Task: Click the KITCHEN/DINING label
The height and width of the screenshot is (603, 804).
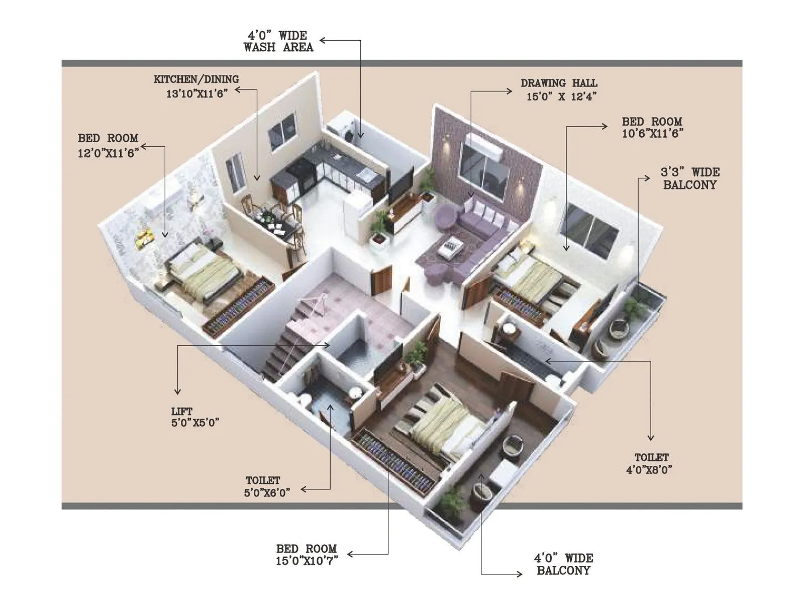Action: (x=196, y=79)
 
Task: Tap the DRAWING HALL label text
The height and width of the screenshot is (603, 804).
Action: (x=559, y=83)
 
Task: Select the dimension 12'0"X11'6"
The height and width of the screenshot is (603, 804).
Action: (x=108, y=153)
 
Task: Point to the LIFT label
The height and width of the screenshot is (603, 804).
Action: (x=181, y=412)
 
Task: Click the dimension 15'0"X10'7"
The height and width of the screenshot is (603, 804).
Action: (x=307, y=561)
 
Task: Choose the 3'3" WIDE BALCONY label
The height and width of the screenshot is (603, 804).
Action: (x=690, y=178)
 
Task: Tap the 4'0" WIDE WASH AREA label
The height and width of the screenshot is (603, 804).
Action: (x=278, y=41)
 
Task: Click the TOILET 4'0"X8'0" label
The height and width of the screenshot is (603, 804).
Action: (x=650, y=463)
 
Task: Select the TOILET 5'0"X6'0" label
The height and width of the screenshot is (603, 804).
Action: (x=266, y=486)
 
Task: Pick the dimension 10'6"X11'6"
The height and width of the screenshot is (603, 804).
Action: (x=652, y=134)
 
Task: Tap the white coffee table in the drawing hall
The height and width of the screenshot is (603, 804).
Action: (x=450, y=246)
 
